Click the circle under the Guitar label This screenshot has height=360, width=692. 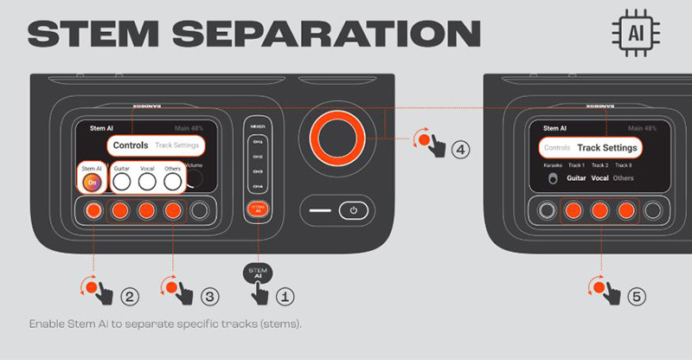click(121, 181)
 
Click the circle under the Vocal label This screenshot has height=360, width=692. click(147, 181)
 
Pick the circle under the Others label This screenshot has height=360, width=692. click(173, 181)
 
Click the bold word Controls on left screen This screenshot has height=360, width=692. click(131, 145)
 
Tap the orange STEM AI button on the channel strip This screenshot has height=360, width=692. click(258, 208)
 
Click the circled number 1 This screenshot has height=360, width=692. click(286, 295)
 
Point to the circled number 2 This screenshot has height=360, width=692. click(130, 296)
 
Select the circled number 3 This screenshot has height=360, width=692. click(209, 296)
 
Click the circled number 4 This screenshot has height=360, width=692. click(460, 149)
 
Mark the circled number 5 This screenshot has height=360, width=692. click(637, 296)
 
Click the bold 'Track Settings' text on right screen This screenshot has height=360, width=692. click(606, 148)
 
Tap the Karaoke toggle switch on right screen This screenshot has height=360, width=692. click(552, 179)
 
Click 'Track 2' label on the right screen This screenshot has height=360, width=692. click(599, 164)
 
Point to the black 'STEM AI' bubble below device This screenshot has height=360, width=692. click(258, 271)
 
